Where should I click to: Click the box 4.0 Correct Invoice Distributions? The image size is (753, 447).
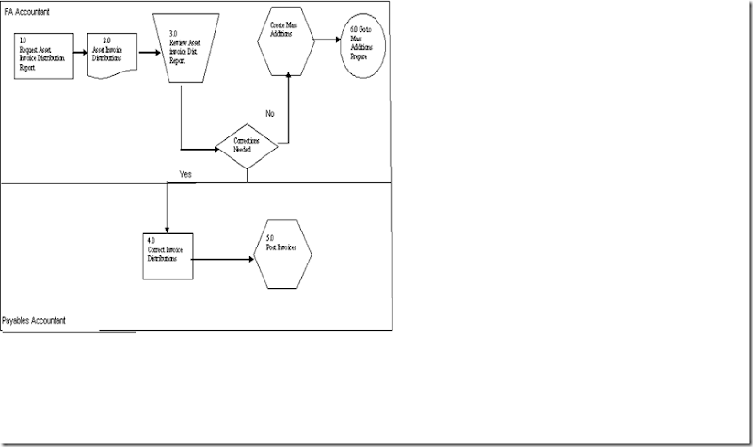[168, 254]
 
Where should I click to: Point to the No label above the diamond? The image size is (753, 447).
[269, 113]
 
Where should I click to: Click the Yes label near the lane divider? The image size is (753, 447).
[186, 174]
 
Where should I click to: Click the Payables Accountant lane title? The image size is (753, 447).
[35, 321]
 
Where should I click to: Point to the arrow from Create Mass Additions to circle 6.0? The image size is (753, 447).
[328, 40]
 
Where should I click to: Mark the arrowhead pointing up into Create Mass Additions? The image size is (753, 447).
[286, 75]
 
